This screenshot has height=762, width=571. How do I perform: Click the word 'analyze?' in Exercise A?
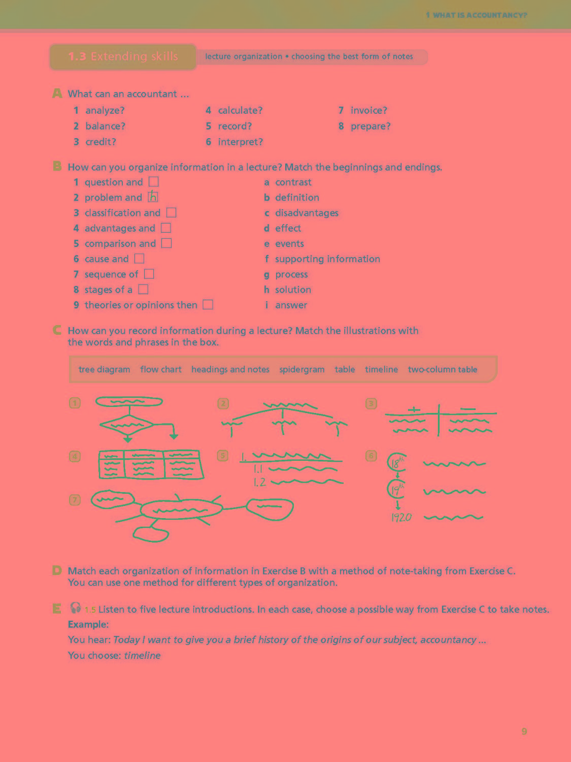tap(105, 110)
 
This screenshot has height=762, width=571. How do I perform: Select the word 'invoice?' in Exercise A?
tap(368, 110)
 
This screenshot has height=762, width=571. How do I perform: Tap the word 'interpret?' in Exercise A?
tap(240, 142)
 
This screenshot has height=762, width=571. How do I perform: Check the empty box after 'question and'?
tap(154, 181)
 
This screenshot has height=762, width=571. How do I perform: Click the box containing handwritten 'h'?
tap(153, 197)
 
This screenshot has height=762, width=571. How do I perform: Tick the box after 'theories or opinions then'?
tap(208, 304)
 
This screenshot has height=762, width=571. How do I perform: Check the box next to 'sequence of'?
tap(149, 274)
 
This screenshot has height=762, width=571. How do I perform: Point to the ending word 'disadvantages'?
tap(307, 213)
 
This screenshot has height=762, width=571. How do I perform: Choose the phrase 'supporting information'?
tap(327, 259)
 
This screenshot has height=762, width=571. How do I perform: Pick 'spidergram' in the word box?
tap(301, 369)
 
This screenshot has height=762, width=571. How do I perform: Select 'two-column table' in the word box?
tap(442, 369)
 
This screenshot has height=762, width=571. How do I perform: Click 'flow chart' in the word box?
tap(160, 369)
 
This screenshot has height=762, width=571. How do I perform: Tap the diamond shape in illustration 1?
tap(127, 424)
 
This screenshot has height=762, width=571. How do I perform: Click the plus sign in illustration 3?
tap(414, 409)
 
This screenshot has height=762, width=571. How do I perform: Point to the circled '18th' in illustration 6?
tap(396, 462)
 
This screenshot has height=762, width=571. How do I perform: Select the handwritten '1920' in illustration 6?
tap(401, 518)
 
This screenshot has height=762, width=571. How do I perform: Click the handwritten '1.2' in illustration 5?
tap(259, 482)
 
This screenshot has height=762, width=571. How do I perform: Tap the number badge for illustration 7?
tap(75, 500)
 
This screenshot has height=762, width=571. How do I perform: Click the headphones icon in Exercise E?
tap(75, 608)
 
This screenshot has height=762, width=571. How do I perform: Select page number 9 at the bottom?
tap(524, 731)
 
